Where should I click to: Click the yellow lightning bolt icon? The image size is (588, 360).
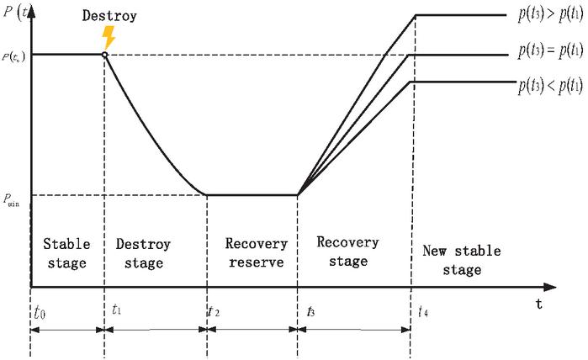(107, 37)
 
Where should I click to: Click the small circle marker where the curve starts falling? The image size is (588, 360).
(103, 56)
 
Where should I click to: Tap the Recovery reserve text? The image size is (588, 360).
(256, 254)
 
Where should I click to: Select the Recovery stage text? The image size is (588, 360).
(347, 251)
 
